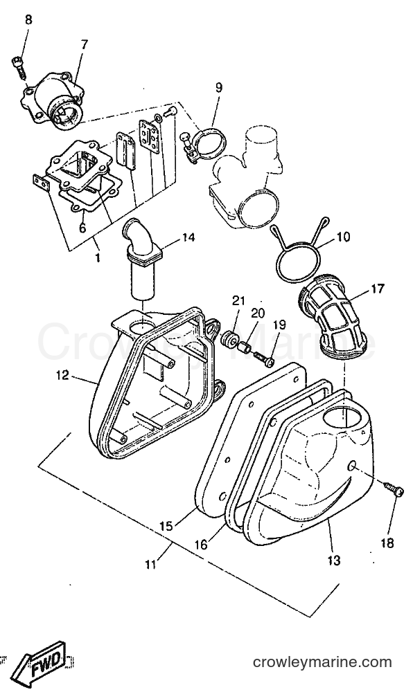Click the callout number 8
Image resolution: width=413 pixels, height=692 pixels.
click(x=28, y=20)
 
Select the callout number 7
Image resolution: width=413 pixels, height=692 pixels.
click(x=84, y=45)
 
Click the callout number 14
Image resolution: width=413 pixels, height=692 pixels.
click(x=187, y=237)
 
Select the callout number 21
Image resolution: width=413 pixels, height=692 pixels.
click(x=238, y=301)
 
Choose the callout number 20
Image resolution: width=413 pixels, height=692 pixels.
click(x=258, y=313)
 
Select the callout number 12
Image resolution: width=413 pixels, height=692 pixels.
click(x=63, y=375)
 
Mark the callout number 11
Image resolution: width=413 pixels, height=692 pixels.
click(x=151, y=564)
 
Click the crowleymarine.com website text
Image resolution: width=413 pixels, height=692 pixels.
click(x=322, y=662)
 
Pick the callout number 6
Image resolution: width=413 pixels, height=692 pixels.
click(x=82, y=228)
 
